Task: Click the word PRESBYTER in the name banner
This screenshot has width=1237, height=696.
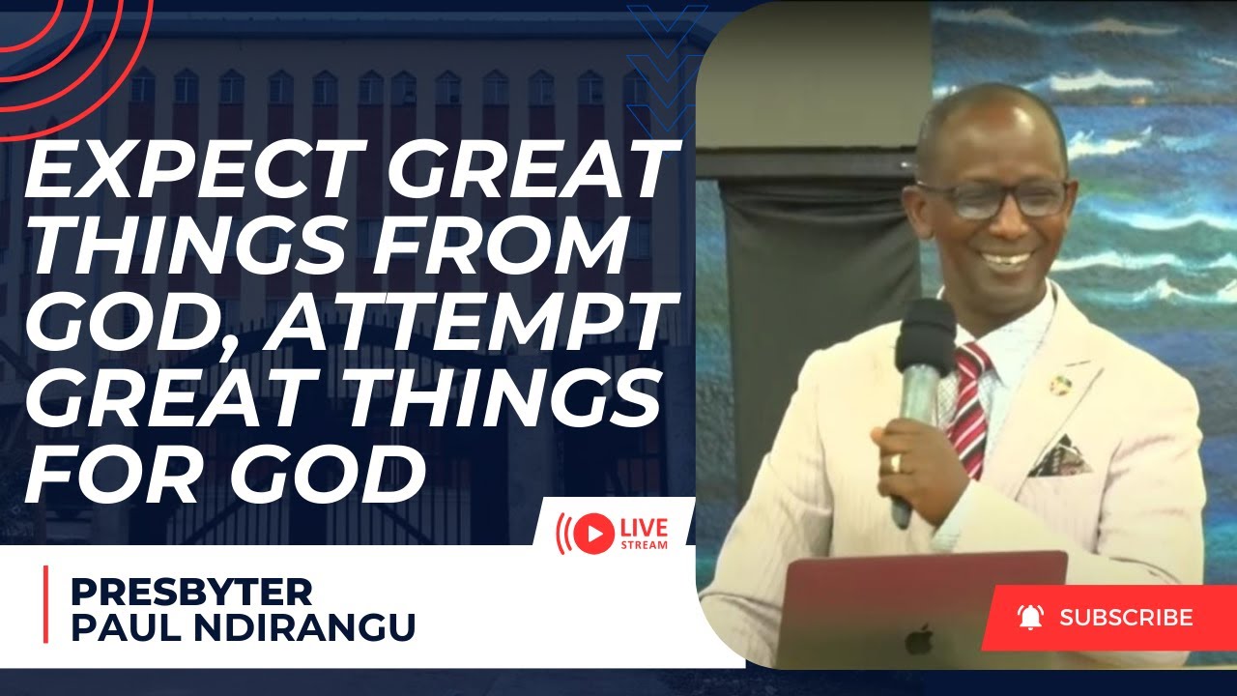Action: pos(190,591)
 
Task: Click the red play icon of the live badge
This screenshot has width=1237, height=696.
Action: pos(597,532)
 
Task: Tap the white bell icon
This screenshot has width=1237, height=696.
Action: pos(1030,617)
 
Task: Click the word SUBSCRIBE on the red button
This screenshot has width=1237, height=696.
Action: pos(1126,618)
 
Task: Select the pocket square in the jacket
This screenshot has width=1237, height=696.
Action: pos(1060,457)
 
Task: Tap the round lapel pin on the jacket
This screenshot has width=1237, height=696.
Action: pos(1061,384)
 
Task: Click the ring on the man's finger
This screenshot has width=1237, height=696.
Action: pos(896,462)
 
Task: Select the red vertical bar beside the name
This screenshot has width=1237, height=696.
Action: pos(45,605)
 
